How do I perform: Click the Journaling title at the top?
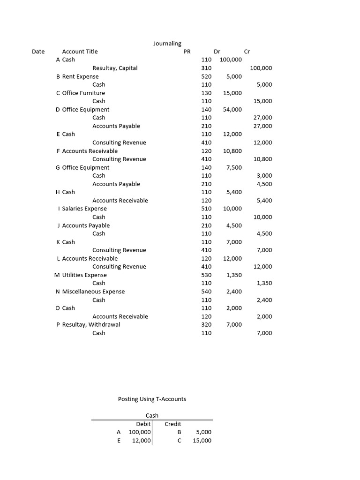[167, 43]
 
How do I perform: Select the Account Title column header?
[80, 52]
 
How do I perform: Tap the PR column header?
[187, 52]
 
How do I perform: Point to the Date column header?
[38, 52]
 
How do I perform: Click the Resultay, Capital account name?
[115, 68]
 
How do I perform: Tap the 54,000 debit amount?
[233, 109]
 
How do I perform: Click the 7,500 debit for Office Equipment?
[234, 167]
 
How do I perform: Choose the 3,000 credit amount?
[264, 175]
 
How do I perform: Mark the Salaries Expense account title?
[84, 209]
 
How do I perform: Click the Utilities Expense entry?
[84, 275]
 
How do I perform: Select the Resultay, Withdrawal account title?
[91, 324]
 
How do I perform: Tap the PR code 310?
[206, 68]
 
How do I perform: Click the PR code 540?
[206, 292]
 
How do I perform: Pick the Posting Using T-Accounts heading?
[152, 399]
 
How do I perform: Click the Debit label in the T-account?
[143, 424]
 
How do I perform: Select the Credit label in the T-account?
[173, 424]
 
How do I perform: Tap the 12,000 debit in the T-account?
[142, 440]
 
